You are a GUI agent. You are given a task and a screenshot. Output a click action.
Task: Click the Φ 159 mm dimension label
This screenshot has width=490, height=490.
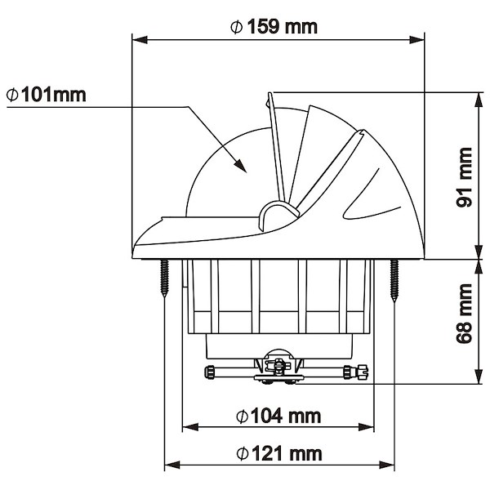pos(274,27)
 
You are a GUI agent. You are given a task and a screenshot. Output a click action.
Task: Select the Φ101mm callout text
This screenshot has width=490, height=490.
pos(46,95)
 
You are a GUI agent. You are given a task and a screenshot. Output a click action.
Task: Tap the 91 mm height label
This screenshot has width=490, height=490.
pos(464,177)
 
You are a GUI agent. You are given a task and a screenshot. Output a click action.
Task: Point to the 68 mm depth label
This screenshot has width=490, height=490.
pos(464,314)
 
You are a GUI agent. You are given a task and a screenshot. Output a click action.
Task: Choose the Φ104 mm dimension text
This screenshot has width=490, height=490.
pos(278,416)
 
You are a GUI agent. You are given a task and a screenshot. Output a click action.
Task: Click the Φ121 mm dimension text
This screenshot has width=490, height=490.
pos(279,453)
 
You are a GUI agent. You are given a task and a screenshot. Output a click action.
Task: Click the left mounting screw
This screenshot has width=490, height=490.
pos(164,278)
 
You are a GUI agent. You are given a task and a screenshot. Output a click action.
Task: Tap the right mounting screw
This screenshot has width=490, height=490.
pos(394,280)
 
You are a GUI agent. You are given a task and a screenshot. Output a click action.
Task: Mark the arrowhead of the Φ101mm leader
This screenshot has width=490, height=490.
pos(240,165)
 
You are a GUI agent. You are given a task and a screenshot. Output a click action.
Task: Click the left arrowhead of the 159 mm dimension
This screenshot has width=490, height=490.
pos(140,40)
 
